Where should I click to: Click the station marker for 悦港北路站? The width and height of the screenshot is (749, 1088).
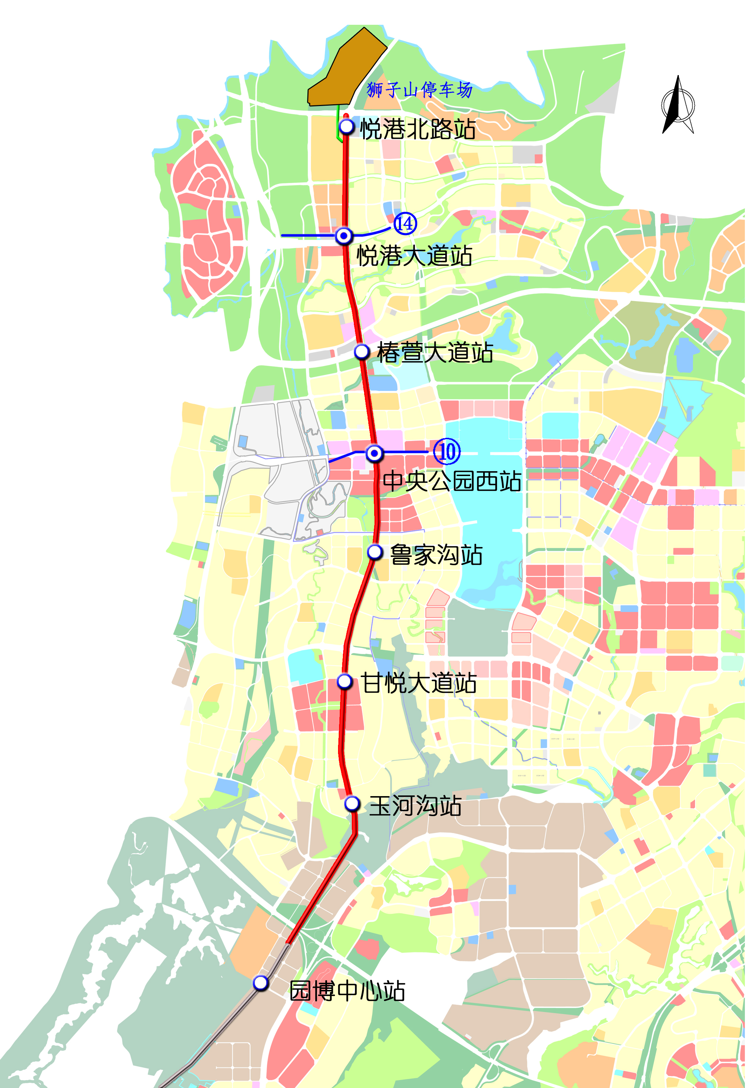(x=347, y=126)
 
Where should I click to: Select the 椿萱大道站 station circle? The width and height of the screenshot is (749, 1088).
(x=362, y=351)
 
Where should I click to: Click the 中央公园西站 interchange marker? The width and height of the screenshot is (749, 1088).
(x=374, y=453)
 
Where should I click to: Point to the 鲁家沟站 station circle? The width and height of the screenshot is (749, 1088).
(x=374, y=552)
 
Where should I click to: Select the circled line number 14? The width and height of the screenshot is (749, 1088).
(x=404, y=223)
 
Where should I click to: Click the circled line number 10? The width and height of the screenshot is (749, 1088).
(x=447, y=451)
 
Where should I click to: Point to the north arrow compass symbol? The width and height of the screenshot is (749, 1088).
(x=678, y=105)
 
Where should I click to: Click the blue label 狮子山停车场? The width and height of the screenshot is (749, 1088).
(x=419, y=89)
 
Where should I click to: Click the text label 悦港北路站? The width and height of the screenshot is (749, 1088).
(x=418, y=129)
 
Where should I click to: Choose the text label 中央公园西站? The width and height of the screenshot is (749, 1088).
(x=452, y=481)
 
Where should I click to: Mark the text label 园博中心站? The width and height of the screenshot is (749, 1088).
(x=347, y=991)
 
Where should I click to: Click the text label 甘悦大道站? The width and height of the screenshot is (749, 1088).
(x=419, y=683)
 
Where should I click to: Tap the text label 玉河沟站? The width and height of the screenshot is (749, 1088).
(x=415, y=806)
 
